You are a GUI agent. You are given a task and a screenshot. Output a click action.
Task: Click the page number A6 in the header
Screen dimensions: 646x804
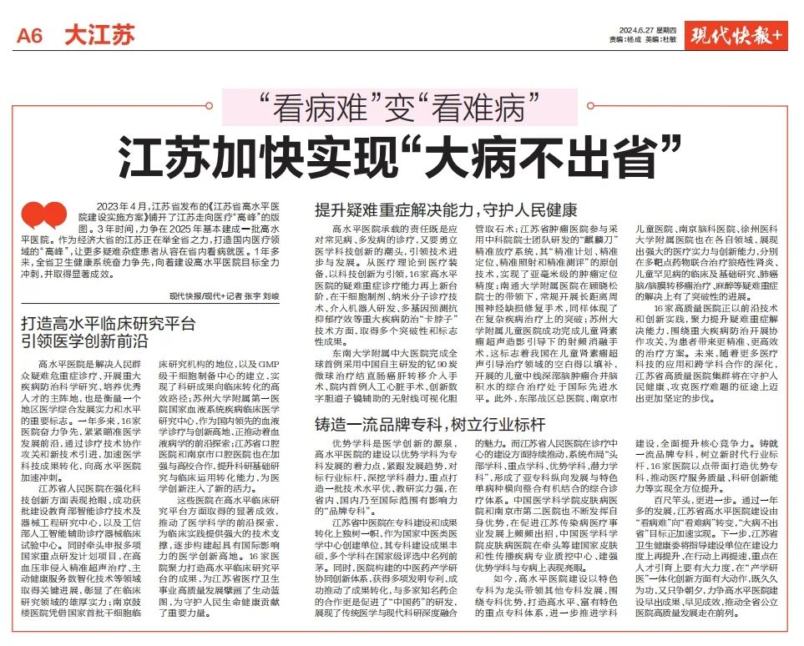point(34,35)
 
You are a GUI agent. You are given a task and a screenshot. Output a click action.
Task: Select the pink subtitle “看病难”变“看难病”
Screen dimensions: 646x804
point(401,108)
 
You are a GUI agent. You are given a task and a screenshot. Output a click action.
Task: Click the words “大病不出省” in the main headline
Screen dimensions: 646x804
point(567,154)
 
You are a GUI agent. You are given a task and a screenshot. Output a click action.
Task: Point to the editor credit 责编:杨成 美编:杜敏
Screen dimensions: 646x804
point(642,40)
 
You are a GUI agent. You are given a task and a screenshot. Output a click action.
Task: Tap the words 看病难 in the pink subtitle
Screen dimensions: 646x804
point(314,108)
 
